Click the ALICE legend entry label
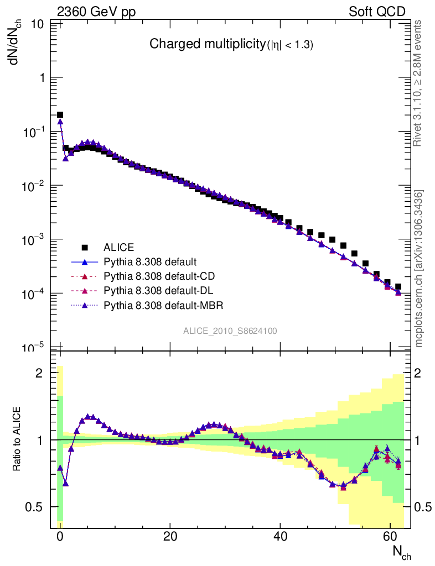pyautogui.click(x=119, y=247)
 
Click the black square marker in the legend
pyautogui.click(x=85, y=247)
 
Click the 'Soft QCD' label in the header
pyautogui.click(x=377, y=12)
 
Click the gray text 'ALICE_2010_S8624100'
pyautogui.click(x=230, y=331)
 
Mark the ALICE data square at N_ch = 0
pyautogui.click(x=60, y=115)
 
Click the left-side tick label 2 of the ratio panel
pyautogui.click(x=39, y=373)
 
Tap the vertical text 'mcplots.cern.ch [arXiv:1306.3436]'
pyautogui.click(x=420, y=269)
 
